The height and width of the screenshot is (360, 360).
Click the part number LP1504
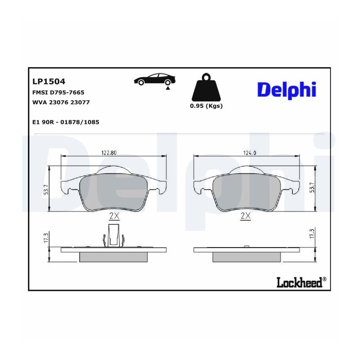[x=49, y=82]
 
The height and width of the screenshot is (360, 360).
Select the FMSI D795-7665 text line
[x=58, y=92]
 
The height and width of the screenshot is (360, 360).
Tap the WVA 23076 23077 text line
[x=61, y=102]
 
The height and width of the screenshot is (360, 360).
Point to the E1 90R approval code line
[x=66, y=122]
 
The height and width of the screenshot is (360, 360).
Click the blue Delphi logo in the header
[x=287, y=90]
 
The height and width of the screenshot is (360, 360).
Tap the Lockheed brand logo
[x=301, y=282]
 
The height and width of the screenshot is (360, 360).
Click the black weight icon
[x=206, y=87]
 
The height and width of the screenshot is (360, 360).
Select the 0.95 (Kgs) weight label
[x=206, y=106]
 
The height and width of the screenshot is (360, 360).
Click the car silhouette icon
[x=154, y=79]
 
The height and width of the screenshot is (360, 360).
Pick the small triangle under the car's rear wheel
[x=168, y=88]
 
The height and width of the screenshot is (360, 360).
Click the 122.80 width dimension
[x=109, y=153]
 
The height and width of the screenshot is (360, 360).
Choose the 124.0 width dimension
[x=250, y=153]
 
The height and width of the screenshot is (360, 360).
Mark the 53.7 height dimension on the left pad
[x=46, y=190]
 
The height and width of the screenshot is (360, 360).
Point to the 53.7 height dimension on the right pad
[x=312, y=188]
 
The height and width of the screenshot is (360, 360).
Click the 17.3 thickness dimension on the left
[x=46, y=238]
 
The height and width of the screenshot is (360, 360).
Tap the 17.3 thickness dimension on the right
[x=312, y=234]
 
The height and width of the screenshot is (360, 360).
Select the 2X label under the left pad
[x=114, y=216]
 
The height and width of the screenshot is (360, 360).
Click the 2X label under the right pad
[x=246, y=216]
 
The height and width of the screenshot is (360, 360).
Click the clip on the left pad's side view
[x=114, y=235]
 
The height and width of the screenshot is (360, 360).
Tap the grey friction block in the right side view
[x=246, y=257]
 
